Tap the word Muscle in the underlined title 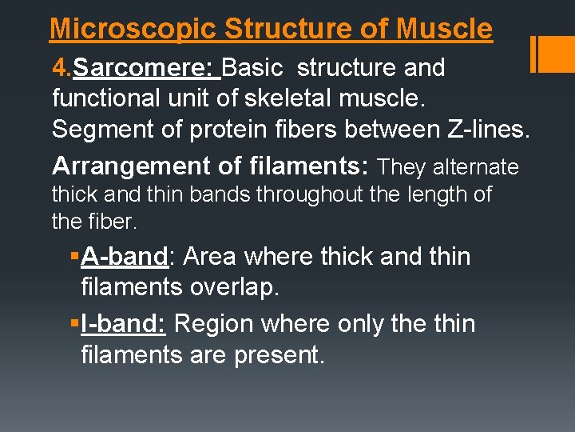coord(444,30)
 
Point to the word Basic coord(252,68)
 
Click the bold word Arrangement coord(124,166)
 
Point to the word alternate coord(476,167)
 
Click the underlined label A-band coord(125,257)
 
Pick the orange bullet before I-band coord(73,324)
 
